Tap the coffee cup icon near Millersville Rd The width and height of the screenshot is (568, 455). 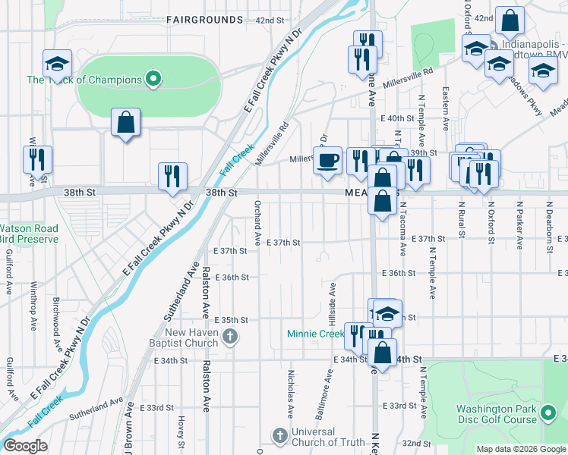tap(328, 161)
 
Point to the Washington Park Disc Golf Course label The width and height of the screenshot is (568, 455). tap(497, 414)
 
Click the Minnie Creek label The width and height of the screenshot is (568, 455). tap(315, 334)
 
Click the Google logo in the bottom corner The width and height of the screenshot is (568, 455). tap(25, 446)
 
